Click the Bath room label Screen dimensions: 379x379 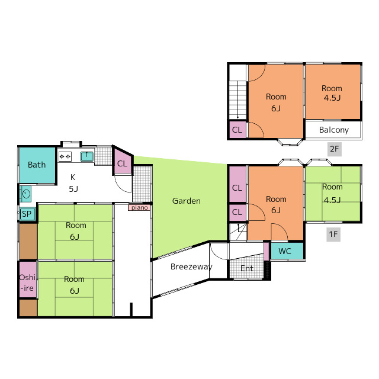click(37, 165)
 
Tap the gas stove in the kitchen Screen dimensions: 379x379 click(65, 156)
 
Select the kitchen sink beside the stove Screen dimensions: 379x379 click(87, 156)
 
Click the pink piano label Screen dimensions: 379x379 click(140, 208)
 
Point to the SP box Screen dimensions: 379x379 click(27, 214)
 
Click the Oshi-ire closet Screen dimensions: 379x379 click(28, 280)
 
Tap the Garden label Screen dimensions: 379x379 click(187, 201)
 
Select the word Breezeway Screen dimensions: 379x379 click(191, 266)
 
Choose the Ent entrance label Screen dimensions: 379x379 click(247, 268)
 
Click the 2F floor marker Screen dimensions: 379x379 click(334, 149)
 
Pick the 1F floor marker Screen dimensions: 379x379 click(333, 235)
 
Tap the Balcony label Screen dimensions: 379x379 click(334, 130)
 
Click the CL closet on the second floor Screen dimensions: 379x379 click(237, 130)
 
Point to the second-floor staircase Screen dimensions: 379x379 click(238, 99)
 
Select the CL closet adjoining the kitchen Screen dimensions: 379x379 click(123, 162)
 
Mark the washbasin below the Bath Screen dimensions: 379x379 click(25, 194)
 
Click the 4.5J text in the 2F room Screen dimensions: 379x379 click(332, 98)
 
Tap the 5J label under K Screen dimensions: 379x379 click(73, 189)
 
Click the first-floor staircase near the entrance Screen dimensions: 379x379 click(238, 232)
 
